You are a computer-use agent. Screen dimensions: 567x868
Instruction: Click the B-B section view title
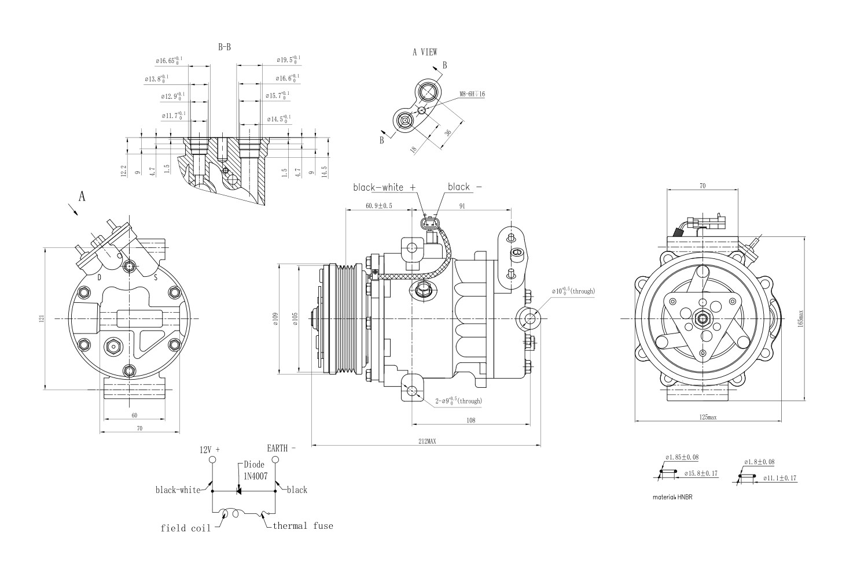click(x=225, y=47)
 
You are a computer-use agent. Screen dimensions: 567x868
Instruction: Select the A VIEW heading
click(x=425, y=52)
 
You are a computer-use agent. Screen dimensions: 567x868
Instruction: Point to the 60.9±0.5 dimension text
click(x=379, y=206)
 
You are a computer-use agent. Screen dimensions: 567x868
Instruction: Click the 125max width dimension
click(x=707, y=417)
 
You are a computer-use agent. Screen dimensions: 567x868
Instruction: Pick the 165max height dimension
click(x=801, y=317)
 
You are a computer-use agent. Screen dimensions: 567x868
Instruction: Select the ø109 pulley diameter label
click(x=276, y=319)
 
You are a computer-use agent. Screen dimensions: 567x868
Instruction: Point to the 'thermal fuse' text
click(x=303, y=525)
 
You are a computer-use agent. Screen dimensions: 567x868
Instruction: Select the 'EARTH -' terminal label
click(x=281, y=448)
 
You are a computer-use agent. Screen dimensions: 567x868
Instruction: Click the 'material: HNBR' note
click(x=672, y=496)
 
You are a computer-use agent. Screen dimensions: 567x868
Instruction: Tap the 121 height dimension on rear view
click(x=41, y=318)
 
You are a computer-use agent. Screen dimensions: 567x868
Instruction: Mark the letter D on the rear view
click(x=100, y=277)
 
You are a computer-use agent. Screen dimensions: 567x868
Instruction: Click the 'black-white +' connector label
click(x=385, y=187)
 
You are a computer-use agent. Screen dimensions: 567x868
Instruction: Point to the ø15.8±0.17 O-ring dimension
click(x=701, y=473)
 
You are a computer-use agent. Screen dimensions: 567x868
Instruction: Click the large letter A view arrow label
click(x=82, y=197)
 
